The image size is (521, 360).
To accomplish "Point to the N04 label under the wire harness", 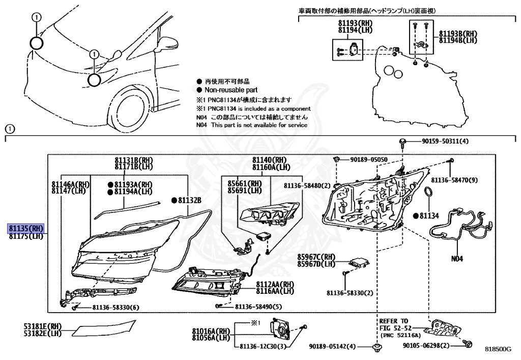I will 457,258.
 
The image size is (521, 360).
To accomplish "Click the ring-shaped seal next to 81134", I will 429,193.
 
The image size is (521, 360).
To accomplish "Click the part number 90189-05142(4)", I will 333,347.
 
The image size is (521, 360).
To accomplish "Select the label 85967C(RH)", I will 316,257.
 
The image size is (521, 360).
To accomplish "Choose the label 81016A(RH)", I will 211,331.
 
